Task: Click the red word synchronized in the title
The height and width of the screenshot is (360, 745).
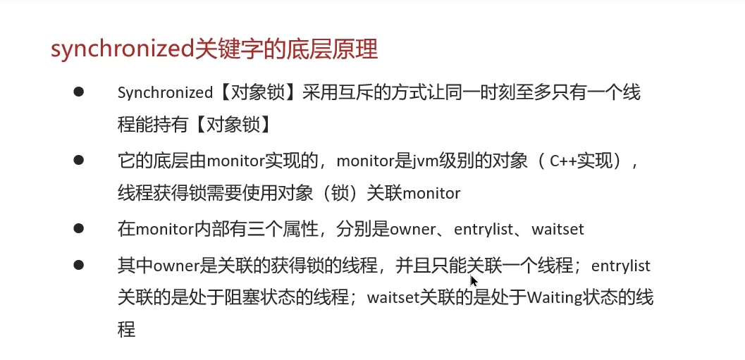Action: pyautogui.click(x=123, y=49)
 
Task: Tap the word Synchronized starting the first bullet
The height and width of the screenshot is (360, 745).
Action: pyautogui.click(x=165, y=92)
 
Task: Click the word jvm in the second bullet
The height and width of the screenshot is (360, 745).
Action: pyautogui.click(x=419, y=161)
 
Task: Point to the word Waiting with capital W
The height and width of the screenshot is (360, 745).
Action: pyautogui.click(x=555, y=298)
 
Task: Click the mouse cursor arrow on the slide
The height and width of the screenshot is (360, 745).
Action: pyautogui.click(x=474, y=280)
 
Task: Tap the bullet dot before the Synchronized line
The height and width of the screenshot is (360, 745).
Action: pyautogui.click(x=79, y=92)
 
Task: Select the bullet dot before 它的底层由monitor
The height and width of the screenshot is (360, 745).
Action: pyautogui.click(x=79, y=160)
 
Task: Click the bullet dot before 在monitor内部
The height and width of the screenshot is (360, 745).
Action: pyautogui.click(x=79, y=228)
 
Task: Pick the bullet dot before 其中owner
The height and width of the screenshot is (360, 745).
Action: pyautogui.click(x=79, y=264)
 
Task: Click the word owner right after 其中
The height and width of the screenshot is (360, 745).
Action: pyautogui.click(x=176, y=266)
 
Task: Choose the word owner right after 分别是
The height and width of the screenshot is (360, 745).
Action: pyautogui.click(x=412, y=230)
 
